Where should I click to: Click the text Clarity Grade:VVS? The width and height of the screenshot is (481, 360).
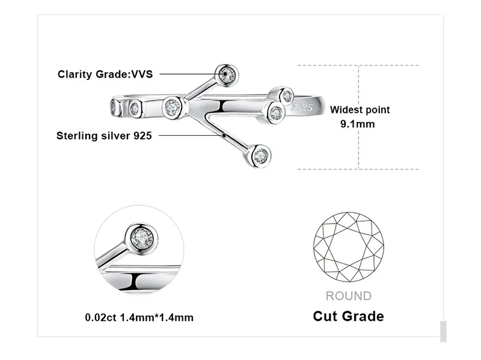click(x=105, y=74)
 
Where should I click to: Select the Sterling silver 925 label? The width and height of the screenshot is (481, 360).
click(x=104, y=136)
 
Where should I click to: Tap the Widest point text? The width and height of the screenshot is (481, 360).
click(x=360, y=110)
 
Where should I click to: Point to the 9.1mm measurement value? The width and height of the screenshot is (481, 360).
click(x=358, y=124)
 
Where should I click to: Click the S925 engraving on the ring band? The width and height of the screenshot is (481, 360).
click(x=302, y=107)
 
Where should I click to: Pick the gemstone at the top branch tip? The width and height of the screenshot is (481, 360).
click(x=227, y=74)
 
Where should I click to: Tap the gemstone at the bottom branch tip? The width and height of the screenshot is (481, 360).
click(x=260, y=156)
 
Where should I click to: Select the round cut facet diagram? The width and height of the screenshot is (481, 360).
click(x=349, y=247)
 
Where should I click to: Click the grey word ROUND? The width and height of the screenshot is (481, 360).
click(x=349, y=296)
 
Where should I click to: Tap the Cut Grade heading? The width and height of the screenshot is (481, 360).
click(x=349, y=316)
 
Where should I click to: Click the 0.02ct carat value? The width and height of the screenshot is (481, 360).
click(x=100, y=317)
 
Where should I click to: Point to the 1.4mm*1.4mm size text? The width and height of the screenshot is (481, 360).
click(x=156, y=317)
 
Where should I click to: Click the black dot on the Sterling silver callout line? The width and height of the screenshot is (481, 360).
click(x=224, y=135)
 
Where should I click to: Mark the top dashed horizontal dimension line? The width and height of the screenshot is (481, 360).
click(x=358, y=66)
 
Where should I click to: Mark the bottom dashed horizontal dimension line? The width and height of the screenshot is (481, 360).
click(x=358, y=169)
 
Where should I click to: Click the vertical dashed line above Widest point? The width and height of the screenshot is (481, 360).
click(x=358, y=85)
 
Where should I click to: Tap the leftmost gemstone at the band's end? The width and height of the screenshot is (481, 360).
click(x=114, y=108)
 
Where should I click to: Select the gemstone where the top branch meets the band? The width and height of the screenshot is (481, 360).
click(x=173, y=107)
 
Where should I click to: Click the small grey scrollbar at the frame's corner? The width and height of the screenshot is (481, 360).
click(x=443, y=332)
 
